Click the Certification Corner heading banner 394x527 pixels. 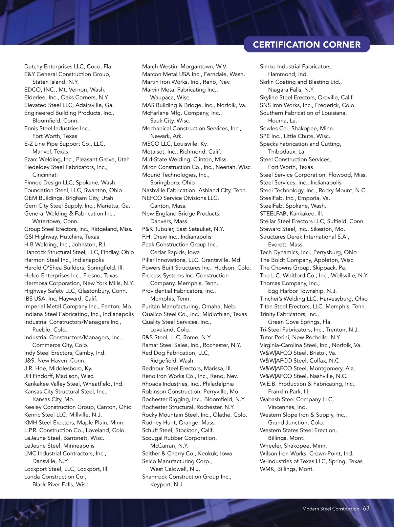(x=307, y=45)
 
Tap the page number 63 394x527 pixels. (x=366, y=508)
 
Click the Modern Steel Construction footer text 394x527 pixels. (x=330, y=509)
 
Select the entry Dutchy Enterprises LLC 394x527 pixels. (x=68, y=67)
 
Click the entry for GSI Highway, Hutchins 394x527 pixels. (x=61, y=237)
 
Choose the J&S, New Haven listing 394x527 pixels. (x=55, y=361)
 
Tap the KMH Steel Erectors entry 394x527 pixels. (x=74, y=423)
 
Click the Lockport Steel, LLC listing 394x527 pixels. (x=66, y=469)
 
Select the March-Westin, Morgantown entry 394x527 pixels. (x=184, y=67)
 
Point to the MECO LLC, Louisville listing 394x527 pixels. (x=175, y=144)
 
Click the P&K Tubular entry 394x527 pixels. (x=183, y=229)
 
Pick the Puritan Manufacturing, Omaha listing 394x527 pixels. (x=189, y=306)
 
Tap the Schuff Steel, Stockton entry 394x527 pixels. (x=178, y=430)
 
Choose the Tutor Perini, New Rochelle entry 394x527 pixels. (x=300, y=337)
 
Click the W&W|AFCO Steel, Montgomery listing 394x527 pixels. (x=307, y=369)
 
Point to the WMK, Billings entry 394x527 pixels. (x=287, y=469)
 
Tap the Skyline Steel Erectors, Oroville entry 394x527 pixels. (x=307, y=97)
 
